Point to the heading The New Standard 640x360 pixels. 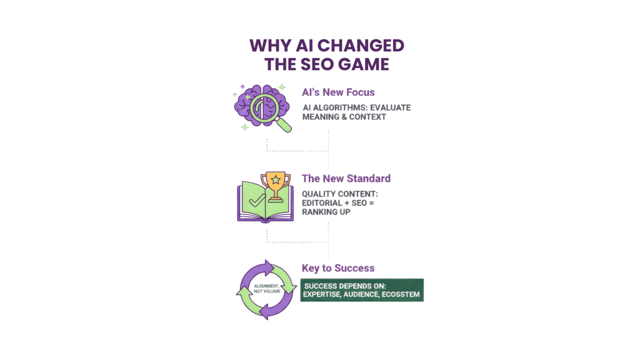(x=346, y=179)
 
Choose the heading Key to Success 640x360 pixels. (x=338, y=268)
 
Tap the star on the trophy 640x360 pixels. (x=275, y=181)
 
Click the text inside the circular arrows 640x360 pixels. (x=266, y=289)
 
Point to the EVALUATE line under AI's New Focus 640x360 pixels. (x=356, y=107)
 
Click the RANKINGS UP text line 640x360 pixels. (x=327, y=212)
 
